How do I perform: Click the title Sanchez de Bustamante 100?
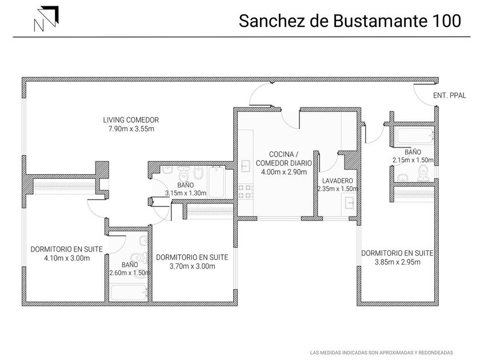point(350,21)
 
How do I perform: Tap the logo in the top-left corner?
point(46,19)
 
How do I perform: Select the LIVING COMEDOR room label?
point(131,120)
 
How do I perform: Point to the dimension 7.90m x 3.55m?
point(131,129)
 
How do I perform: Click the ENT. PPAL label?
point(449,95)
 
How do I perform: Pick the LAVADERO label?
point(337,181)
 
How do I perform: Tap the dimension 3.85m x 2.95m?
point(397,262)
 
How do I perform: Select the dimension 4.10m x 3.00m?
point(67,258)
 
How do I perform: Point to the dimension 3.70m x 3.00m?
point(192,266)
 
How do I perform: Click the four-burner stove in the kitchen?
point(246,191)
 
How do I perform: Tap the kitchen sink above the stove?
point(246,166)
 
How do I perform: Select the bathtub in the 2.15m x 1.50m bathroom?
point(414,135)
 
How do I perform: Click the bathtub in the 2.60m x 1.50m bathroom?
point(129,293)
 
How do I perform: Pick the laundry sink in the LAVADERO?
point(349,203)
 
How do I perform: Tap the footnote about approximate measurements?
point(382,353)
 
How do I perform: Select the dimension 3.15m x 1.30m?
point(186,193)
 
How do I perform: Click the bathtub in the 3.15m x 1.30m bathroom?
point(217,182)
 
